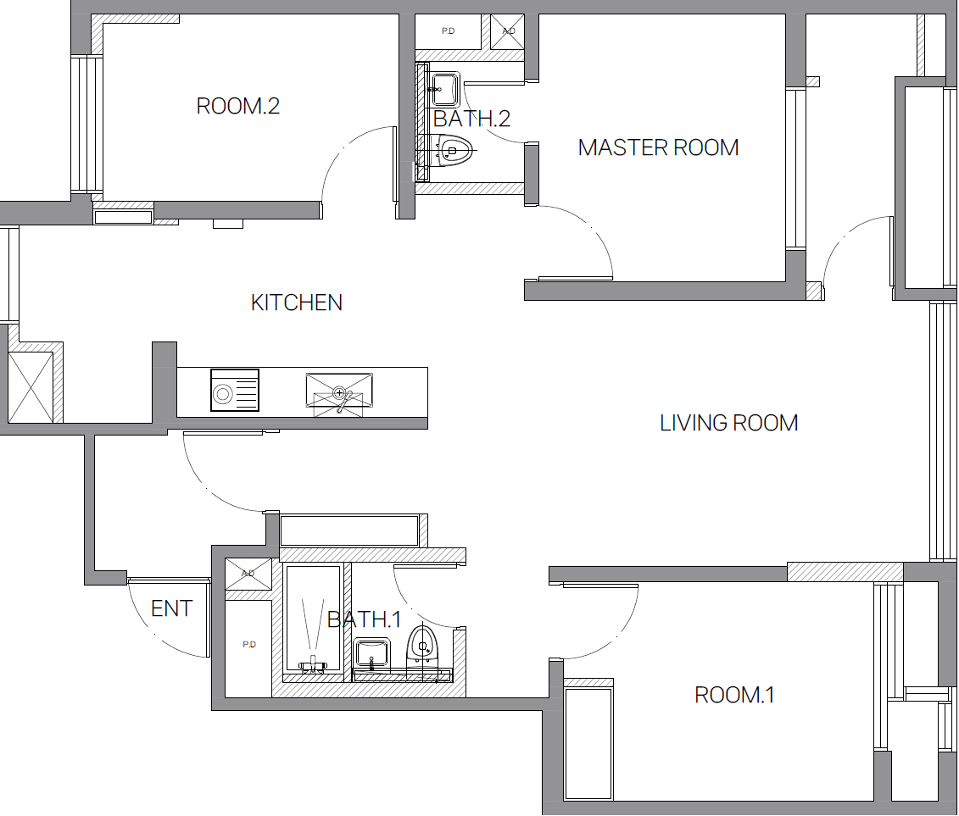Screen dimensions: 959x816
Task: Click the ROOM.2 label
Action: point(238,107)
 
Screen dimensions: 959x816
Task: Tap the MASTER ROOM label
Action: point(659,147)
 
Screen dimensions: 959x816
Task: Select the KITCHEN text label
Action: point(297,303)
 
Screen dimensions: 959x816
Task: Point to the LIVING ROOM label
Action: point(729,423)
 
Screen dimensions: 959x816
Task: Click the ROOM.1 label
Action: point(734,695)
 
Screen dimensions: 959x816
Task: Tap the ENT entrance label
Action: point(172,608)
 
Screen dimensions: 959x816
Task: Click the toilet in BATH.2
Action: point(453,151)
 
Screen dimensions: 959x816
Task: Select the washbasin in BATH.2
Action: point(444,89)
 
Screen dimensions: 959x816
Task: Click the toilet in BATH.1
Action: point(422,646)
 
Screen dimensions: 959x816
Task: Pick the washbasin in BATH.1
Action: point(372,653)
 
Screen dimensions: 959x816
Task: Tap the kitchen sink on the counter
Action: point(339,394)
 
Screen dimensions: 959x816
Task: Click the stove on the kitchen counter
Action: point(235,390)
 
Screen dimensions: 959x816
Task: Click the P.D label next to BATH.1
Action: point(249,644)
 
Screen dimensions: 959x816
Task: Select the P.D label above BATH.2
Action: point(449,31)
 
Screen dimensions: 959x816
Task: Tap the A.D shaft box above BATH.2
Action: point(508,31)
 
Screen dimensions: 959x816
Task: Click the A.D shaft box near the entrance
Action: point(248,574)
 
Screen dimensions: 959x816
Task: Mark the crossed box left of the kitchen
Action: point(31,386)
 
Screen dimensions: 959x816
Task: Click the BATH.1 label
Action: point(365,619)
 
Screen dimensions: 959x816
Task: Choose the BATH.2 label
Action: point(471,119)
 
